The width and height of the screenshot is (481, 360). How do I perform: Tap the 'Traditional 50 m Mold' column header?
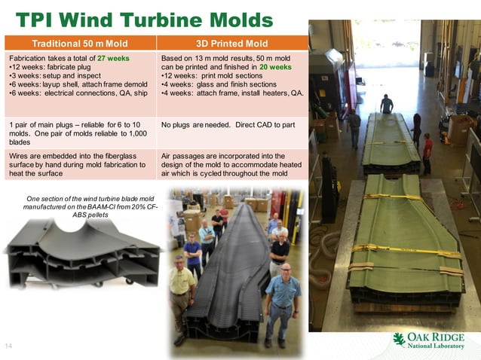tap(81, 43)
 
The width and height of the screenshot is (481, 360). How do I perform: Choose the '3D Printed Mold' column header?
tap(232, 43)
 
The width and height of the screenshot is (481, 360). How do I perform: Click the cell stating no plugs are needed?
tap(233, 123)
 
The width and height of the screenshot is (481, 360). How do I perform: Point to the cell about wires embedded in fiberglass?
tap(80, 163)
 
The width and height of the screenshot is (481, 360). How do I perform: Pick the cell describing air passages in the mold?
tap(233, 163)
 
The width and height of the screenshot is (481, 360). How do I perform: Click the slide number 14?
tap(9, 345)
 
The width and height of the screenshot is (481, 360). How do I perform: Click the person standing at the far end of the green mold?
tap(386, 105)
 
